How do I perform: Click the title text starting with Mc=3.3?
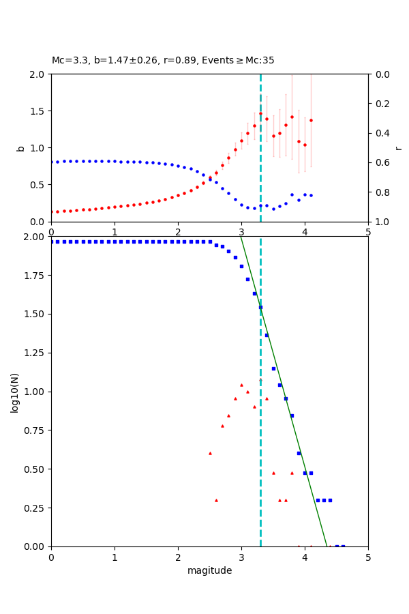click(163, 61)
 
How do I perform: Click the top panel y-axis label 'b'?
click(20, 148)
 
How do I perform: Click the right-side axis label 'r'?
click(398, 148)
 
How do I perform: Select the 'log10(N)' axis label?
click(15, 392)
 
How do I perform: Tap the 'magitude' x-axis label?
click(209, 571)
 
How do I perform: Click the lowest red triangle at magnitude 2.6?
click(216, 500)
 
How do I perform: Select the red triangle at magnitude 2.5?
click(210, 453)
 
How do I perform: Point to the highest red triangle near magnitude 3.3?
click(260, 379)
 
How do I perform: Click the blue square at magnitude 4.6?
click(343, 546)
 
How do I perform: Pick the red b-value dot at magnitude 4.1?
click(311, 120)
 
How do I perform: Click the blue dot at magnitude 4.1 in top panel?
click(311, 195)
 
